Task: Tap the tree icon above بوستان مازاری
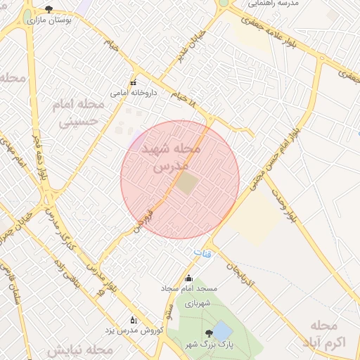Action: tap(48, 10)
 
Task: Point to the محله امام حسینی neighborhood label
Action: tap(77, 112)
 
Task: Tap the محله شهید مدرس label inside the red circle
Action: tap(172, 157)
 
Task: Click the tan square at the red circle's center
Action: tap(186, 184)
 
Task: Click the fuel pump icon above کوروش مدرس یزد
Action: tap(134, 320)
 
